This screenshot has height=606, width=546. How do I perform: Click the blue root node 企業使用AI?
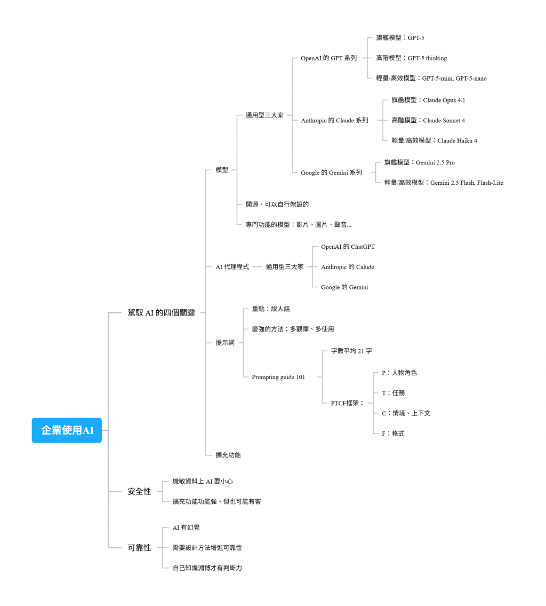(67, 430)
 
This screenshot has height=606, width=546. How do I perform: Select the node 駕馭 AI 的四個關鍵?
(161, 313)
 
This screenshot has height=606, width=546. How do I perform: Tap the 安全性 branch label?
(139, 491)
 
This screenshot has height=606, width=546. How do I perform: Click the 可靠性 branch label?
(139, 547)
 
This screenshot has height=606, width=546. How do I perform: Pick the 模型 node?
(222, 170)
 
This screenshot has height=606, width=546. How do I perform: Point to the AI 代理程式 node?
(232, 266)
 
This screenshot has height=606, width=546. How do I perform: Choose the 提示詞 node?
(225, 343)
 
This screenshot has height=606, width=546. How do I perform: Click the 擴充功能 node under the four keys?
(228, 455)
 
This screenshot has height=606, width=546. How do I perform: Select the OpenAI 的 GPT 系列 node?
(328, 58)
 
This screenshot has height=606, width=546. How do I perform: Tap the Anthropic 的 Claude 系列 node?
(334, 121)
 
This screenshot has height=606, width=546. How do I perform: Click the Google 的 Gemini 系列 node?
(331, 172)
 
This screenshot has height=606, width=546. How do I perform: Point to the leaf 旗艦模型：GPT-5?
(400, 38)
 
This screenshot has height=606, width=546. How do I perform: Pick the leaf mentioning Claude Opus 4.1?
(428, 100)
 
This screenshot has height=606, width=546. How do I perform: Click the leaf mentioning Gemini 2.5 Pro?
(419, 162)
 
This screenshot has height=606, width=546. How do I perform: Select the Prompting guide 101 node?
(278, 377)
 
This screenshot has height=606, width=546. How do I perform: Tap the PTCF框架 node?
(347, 403)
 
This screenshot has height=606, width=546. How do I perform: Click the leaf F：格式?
(393, 434)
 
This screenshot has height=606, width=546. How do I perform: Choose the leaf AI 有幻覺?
(186, 528)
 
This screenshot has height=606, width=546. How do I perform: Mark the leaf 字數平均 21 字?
(351, 351)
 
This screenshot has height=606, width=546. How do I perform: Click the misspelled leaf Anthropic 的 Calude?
(347, 267)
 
